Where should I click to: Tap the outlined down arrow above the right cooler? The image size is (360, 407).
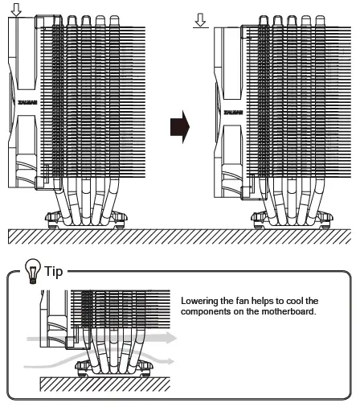click(202, 17)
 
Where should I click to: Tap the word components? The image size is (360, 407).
click(210, 310)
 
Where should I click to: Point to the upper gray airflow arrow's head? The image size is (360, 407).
click(170, 340)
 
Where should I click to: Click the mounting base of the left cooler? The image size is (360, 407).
click(84, 217)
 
